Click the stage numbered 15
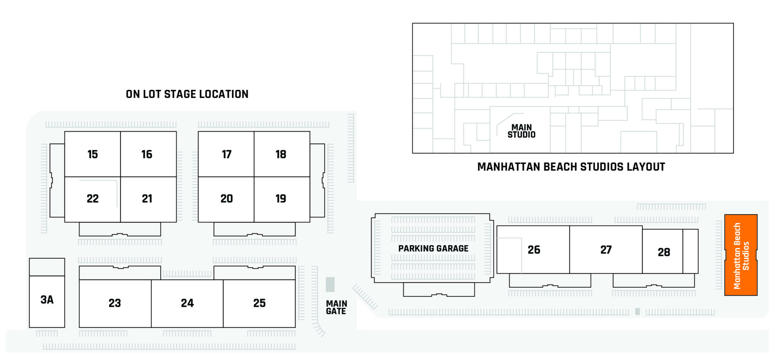pyautogui.click(x=92, y=154)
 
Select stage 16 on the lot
pyautogui.click(x=147, y=154)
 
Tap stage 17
pyautogui.click(x=227, y=154)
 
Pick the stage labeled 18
pyautogui.click(x=281, y=154)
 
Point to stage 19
pyautogui.click(x=281, y=199)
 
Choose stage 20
pyautogui.click(x=227, y=199)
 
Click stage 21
pyautogui.click(x=147, y=199)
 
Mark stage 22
pyautogui.click(x=92, y=199)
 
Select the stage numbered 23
pyautogui.click(x=115, y=303)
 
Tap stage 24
pyautogui.click(x=187, y=303)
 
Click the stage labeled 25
pyautogui.click(x=260, y=303)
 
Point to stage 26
pyautogui.click(x=534, y=250)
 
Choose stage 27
pyautogui.click(x=606, y=250)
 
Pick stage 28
pyautogui.click(x=664, y=252)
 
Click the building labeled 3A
pyautogui.click(x=47, y=300)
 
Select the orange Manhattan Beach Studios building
pyautogui.click(x=741, y=255)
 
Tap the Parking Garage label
pyautogui.click(x=433, y=249)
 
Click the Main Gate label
pyautogui.click(x=336, y=307)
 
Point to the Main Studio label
pyautogui.click(x=521, y=131)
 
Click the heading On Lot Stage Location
pyautogui.click(x=187, y=94)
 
